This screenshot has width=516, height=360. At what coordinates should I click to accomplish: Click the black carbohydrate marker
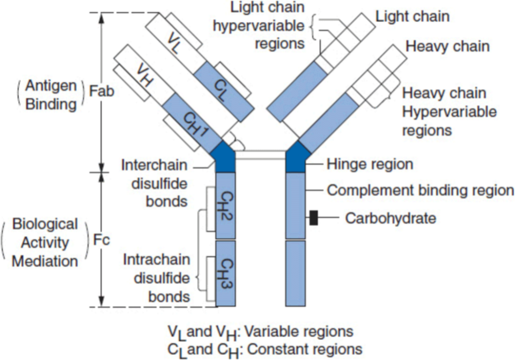[x=313, y=218]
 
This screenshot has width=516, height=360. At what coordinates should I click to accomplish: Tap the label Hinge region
[x=369, y=164]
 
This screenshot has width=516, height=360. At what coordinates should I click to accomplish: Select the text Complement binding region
[x=420, y=190]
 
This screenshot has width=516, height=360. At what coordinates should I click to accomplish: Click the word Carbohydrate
[x=390, y=218]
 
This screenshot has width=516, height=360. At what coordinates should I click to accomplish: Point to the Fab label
[x=102, y=91]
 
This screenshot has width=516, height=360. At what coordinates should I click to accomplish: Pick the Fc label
[x=101, y=240]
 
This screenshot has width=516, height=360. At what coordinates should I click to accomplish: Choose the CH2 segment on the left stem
[x=226, y=206]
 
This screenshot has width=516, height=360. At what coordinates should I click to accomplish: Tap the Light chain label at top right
[x=412, y=17]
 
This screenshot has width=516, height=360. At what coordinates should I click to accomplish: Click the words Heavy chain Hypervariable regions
[x=449, y=111]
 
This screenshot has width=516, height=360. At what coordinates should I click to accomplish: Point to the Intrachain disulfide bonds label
[x=157, y=278]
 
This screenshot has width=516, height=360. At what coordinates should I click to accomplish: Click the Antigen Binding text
[x=51, y=95]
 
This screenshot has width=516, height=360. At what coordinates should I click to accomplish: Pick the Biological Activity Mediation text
[x=45, y=243]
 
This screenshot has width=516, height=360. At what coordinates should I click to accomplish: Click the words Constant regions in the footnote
[x=311, y=348]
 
